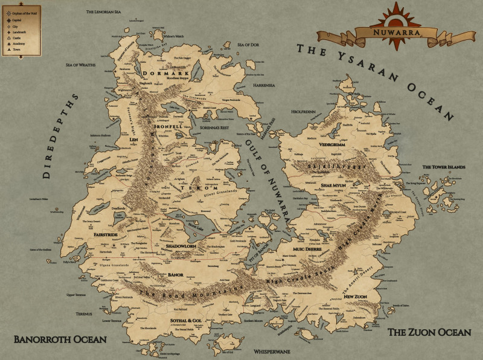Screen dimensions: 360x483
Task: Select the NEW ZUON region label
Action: tap(356, 297)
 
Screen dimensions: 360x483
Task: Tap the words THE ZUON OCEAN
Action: tap(428, 332)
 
